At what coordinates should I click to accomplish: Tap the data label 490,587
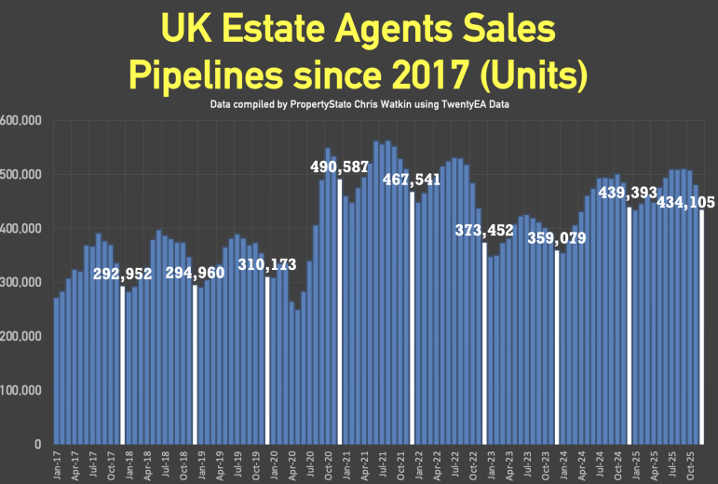point(339,167)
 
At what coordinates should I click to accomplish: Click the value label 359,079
point(557,238)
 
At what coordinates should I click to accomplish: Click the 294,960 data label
point(196,273)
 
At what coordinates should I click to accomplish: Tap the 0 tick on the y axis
point(37,444)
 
